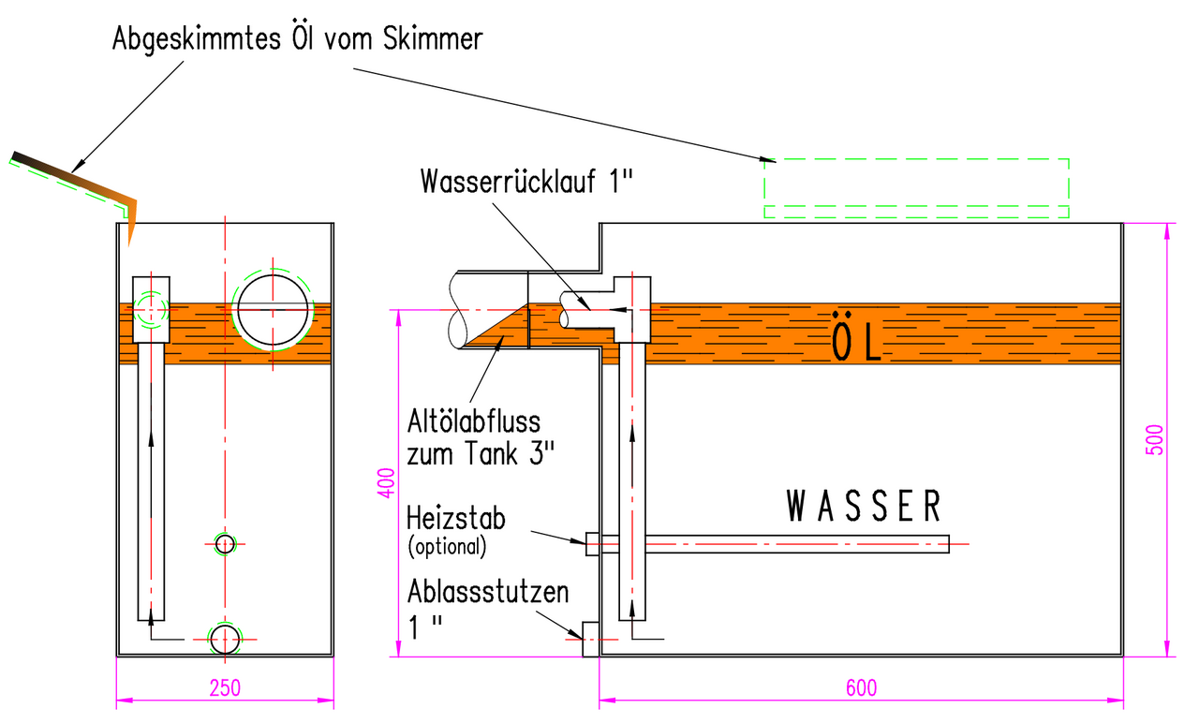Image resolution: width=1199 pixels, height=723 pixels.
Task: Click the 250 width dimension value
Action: [x=225, y=687]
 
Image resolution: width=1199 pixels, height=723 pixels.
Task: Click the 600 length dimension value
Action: [x=861, y=687]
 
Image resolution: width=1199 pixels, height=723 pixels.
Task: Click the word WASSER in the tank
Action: [x=863, y=507]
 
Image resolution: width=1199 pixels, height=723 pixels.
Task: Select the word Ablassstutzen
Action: [x=488, y=593]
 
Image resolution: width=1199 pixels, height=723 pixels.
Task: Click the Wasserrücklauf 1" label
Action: [x=527, y=180]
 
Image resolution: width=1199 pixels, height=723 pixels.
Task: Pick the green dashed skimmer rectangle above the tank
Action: [x=916, y=188]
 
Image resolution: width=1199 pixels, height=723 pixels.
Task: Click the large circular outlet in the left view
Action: [x=273, y=308]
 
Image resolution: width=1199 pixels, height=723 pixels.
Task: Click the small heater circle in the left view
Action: [x=225, y=543]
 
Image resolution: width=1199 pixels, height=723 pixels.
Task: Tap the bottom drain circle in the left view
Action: [x=225, y=640]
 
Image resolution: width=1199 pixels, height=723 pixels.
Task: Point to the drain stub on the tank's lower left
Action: [x=590, y=639]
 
